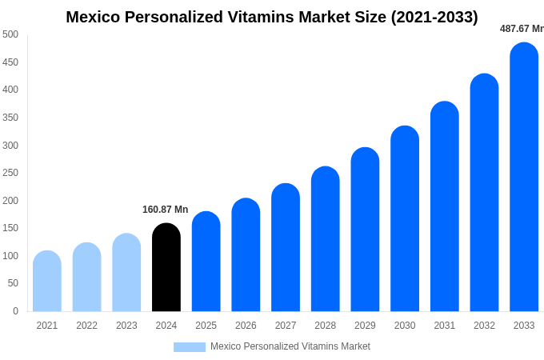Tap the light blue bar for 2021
(47, 281)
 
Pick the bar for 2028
(325, 239)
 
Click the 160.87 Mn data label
(165, 210)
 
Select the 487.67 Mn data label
(521, 29)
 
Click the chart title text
(272, 17)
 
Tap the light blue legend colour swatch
(189, 347)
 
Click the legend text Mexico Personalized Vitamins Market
(290, 346)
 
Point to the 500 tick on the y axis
(10, 34)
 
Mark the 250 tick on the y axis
(10, 173)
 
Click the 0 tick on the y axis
(15, 311)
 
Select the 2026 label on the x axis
(246, 326)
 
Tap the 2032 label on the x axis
(484, 326)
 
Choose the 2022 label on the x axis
(86, 326)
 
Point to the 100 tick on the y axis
(10, 256)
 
